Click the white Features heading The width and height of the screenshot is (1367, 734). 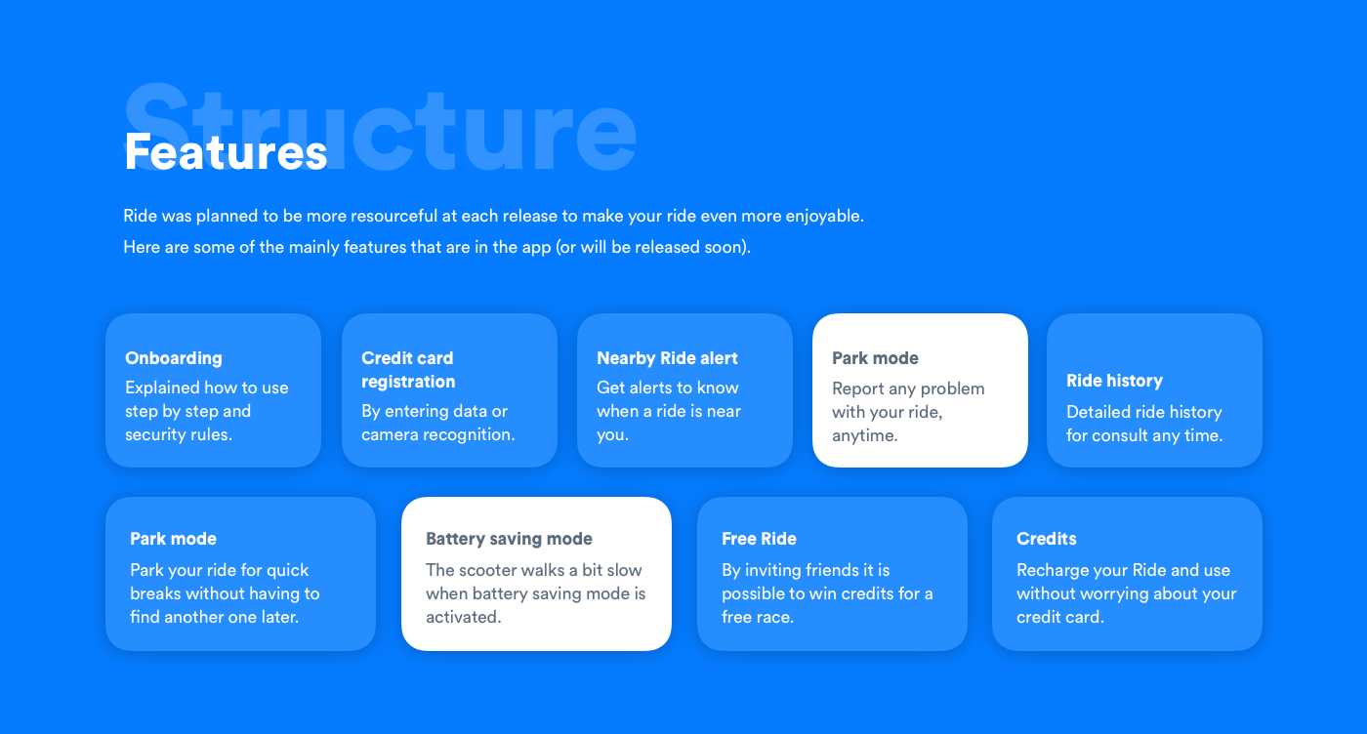point(226,151)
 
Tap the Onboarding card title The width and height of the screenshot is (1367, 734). point(174,358)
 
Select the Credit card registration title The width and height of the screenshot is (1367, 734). point(408,370)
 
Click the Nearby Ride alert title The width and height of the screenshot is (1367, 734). point(667,358)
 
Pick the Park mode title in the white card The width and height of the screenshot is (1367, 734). point(875,358)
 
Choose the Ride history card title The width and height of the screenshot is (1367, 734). point(1114,381)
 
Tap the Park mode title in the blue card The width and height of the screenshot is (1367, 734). point(174,539)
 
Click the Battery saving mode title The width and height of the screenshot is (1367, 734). point(509,539)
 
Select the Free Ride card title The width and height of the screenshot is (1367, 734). point(759,539)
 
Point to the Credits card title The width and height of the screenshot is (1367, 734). point(1046,539)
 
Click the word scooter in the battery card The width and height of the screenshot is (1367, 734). point(489,570)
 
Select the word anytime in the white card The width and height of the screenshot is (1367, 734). point(864,435)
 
